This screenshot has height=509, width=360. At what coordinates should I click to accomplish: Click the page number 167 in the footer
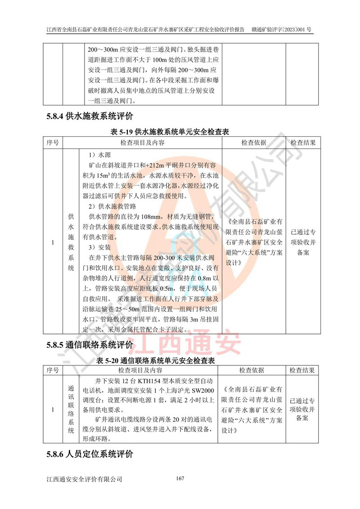[x=180, y=478]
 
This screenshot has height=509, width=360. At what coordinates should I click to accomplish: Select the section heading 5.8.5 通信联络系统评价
[x=90, y=346]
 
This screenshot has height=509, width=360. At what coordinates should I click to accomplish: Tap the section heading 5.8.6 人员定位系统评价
[x=90, y=454]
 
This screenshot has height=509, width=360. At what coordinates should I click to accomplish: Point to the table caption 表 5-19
[x=170, y=132]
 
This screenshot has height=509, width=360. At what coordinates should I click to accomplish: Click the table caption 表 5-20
[x=155, y=360]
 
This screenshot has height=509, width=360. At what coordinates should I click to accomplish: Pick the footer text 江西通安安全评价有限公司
[x=84, y=479]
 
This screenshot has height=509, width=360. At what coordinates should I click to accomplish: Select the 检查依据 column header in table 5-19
[x=254, y=143]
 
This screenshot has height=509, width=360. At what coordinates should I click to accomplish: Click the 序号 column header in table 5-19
[x=53, y=143]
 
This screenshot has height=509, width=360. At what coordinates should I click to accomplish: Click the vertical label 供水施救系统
[x=71, y=243]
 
